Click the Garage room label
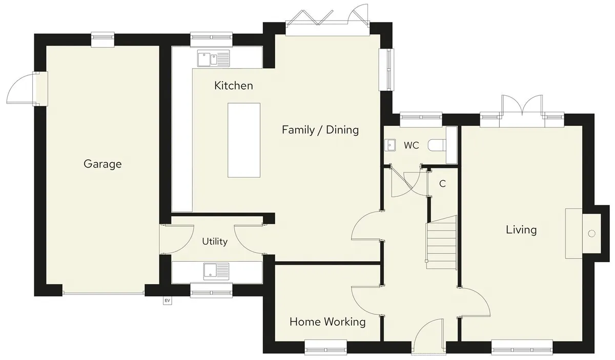pos(102,164)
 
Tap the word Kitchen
pos(234,86)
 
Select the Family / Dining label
pos(320,130)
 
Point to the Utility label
pos(215,242)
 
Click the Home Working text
pos(327,322)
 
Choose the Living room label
pos(521,229)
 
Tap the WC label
pos(411,145)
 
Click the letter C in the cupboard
pos(442,183)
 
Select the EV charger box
pos(167,301)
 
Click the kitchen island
pos(244,140)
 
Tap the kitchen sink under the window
pos(213,58)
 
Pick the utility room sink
pos(216,271)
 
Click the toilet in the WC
pos(437,145)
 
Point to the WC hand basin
pos(390,145)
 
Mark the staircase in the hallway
pos(441,242)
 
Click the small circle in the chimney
pos(591,234)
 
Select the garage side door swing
pos(20,89)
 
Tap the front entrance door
pos(429,335)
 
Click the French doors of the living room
pos(522,110)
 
